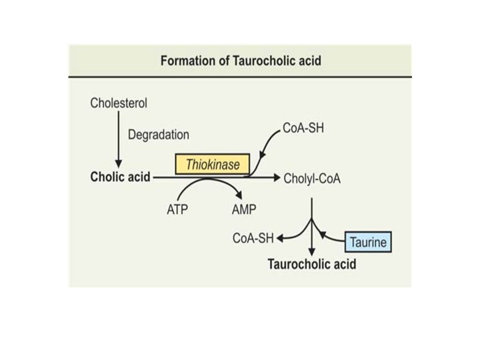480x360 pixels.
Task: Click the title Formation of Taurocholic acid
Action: pyautogui.click(x=241, y=61)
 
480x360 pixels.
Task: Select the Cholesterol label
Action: pyautogui.click(x=118, y=103)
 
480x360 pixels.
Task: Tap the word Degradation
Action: pyautogui.click(x=158, y=134)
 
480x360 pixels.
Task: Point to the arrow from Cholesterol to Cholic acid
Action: pyautogui.click(x=118, y=140)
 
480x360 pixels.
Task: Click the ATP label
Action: pyautogui.click(x=178, y=209)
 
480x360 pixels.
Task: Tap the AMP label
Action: pyautogui.click(x=243, y=209)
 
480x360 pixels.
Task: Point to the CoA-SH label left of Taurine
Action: pyautogui.click(x=253, y=237)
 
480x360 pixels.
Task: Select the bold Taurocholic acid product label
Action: pyautogui.click(x=312, y=264)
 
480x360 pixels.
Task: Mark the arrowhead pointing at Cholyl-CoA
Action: pyautogui.click(x=275, y=178)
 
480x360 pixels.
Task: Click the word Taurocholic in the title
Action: pyautogui.click(x=259, y=61)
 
